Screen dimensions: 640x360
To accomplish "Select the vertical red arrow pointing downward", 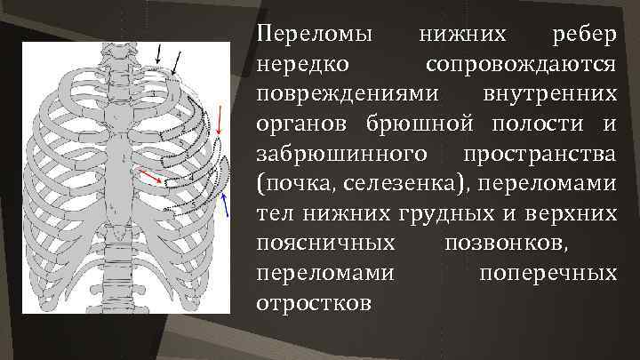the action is click(220, 122).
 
